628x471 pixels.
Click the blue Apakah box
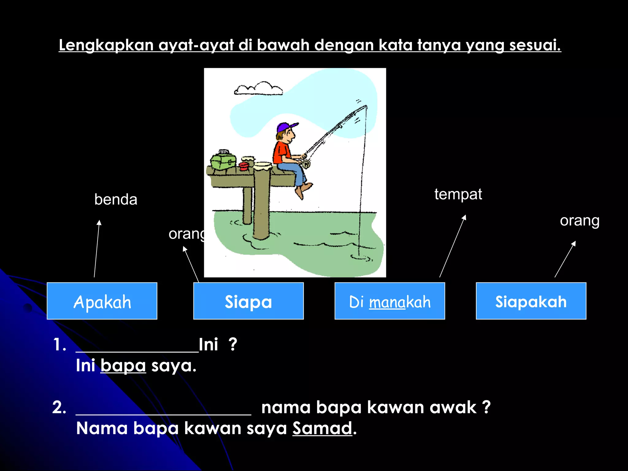pyautogui.click(x=102, y=301)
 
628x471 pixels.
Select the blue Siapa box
pyautogui.click(x=248, y=301)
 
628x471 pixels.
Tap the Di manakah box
pyautogui.click(x=389, y=301)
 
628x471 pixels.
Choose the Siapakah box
pyautogui.click(x=531, y=301)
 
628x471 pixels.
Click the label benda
pyautogui.click(x=116, y=200)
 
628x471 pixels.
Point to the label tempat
pyautogui.click(x=458, y=194)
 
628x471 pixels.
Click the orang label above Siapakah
pyautogui.click(x=579, y=221)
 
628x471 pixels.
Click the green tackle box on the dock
pyautogui.click(x=223, y=161)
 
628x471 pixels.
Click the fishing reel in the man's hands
pyautogui.click(x=306, y=164)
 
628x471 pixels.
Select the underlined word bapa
pyautogui.click(x=123, y=366)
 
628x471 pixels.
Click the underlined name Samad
pyautogui.click(x=322, y=428)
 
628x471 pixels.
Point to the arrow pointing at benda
pyautogui.click(x=97, y=248)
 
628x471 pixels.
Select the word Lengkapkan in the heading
pyautogui.click(x=106, y=45)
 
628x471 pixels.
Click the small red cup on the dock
pyautogui.click(x=244, y=167)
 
